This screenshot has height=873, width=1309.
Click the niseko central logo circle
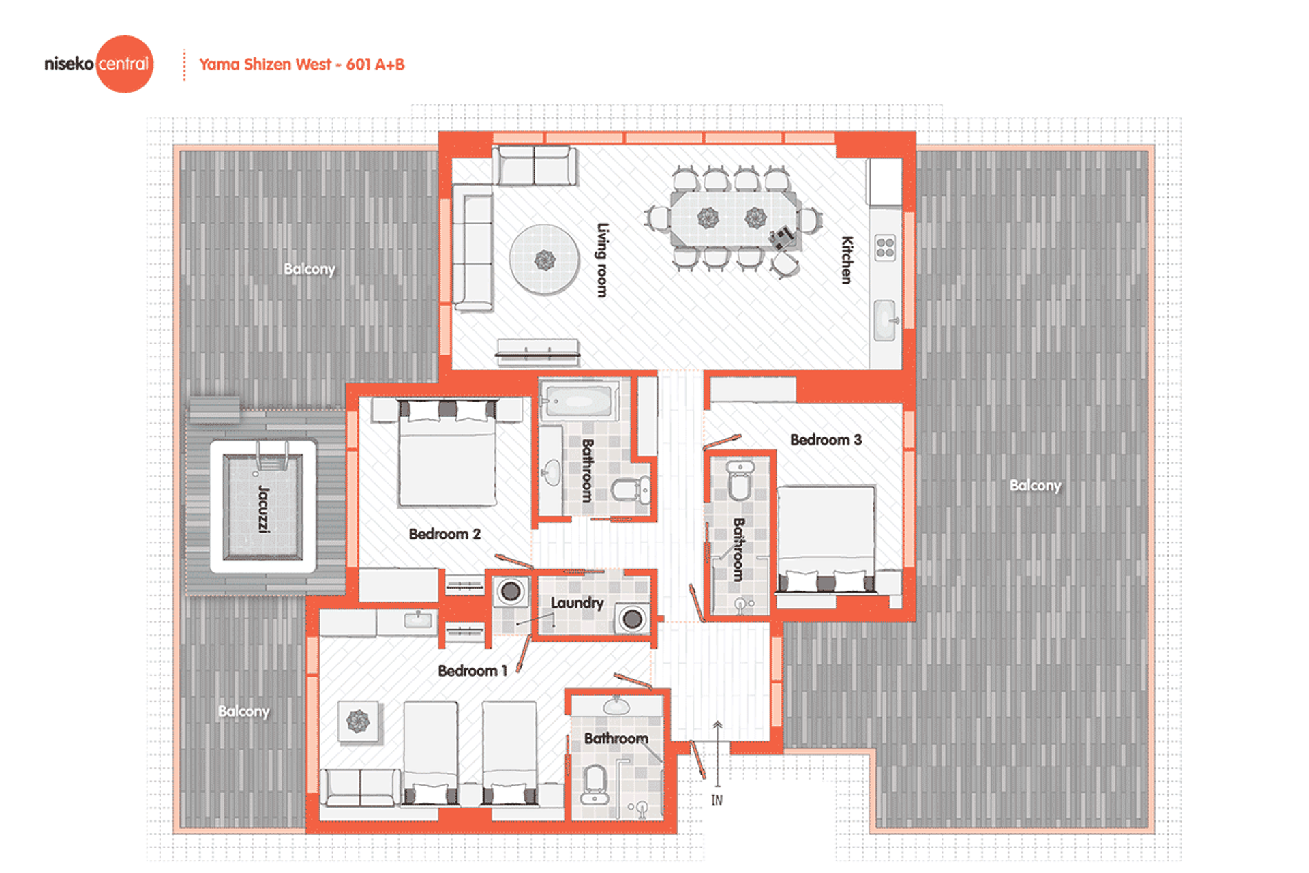click(x=124, y=64)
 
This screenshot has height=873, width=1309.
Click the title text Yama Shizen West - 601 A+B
click(x=301, y=65)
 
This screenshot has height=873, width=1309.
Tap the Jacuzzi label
click(x=264, y=508)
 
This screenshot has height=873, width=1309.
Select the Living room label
click(x=602, y=260)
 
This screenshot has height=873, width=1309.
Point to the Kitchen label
click(x=847, y=260)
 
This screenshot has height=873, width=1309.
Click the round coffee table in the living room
click(x=544, y=259)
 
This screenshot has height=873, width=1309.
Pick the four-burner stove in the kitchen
click(x=885, y=248)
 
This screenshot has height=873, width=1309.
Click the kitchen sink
click(x=885, y=319)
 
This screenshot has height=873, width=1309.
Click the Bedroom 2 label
click(x=445, y=534)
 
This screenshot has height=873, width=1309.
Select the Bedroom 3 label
click(x=826, y=440)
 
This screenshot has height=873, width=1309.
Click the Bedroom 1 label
click(x=472, y=671)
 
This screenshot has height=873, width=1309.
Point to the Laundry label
click(x=577, y=603)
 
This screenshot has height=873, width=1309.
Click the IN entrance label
click(x=717, y=800)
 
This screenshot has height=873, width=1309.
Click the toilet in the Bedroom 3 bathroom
click(x=740, y=480)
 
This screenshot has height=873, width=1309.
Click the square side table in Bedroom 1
click(x=358, y=721)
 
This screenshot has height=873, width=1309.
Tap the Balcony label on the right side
click(x=1035, y=486)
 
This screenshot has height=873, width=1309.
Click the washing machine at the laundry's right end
click(x=631, y=619)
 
